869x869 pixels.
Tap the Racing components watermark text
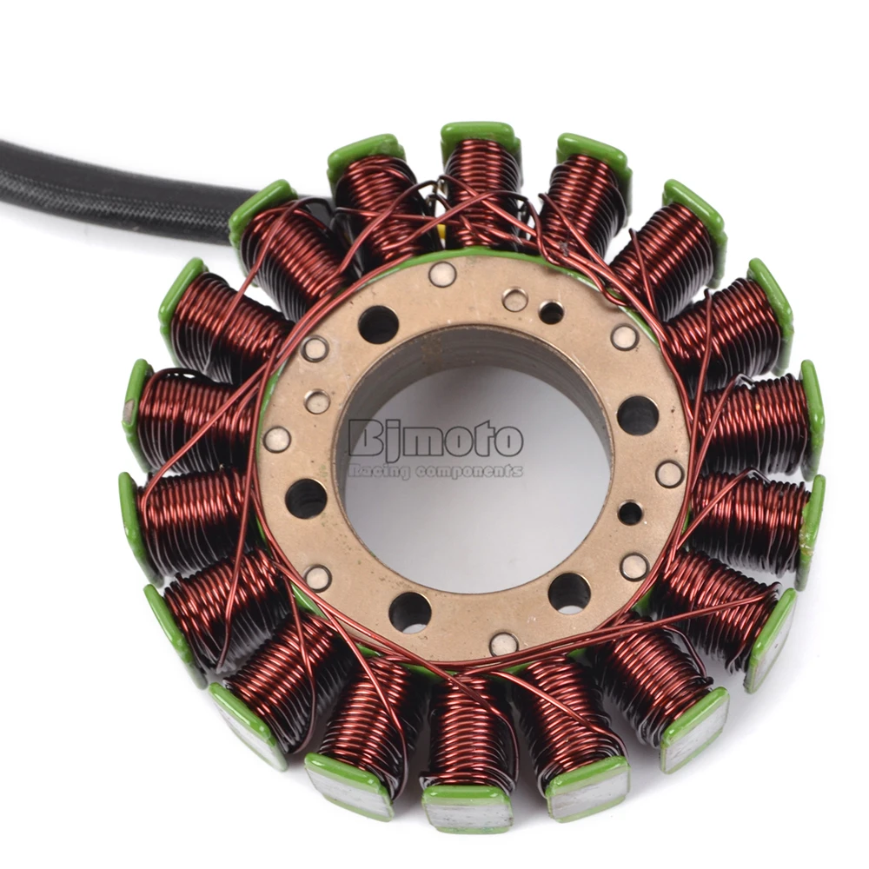[435, 471]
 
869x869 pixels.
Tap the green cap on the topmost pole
[480, 136]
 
